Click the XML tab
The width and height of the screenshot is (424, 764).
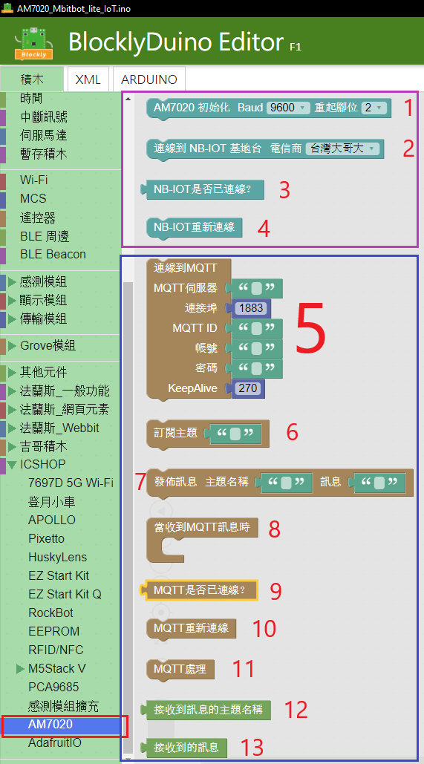coord(88,79)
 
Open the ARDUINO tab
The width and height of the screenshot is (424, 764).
coord(149,79)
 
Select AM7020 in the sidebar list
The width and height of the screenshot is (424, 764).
coord(50,725)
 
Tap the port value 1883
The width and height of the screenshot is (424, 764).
coord(252,308)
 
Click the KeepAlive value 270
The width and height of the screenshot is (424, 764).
coord(249,388)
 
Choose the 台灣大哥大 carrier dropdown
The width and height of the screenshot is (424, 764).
coord(342,148)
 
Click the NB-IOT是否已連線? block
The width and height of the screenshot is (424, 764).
coord(202,189)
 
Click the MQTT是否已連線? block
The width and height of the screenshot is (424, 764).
coord(199,590)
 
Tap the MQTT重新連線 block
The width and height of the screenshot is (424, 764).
coord(191,628)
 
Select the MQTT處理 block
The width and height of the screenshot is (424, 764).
coord(180,669)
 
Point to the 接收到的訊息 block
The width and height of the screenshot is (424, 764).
coord(183,746)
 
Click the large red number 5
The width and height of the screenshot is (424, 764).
coord(310,327)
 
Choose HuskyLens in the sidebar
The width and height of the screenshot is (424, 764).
coord(57,558)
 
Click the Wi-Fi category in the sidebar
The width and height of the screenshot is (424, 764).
coord(34,180)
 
